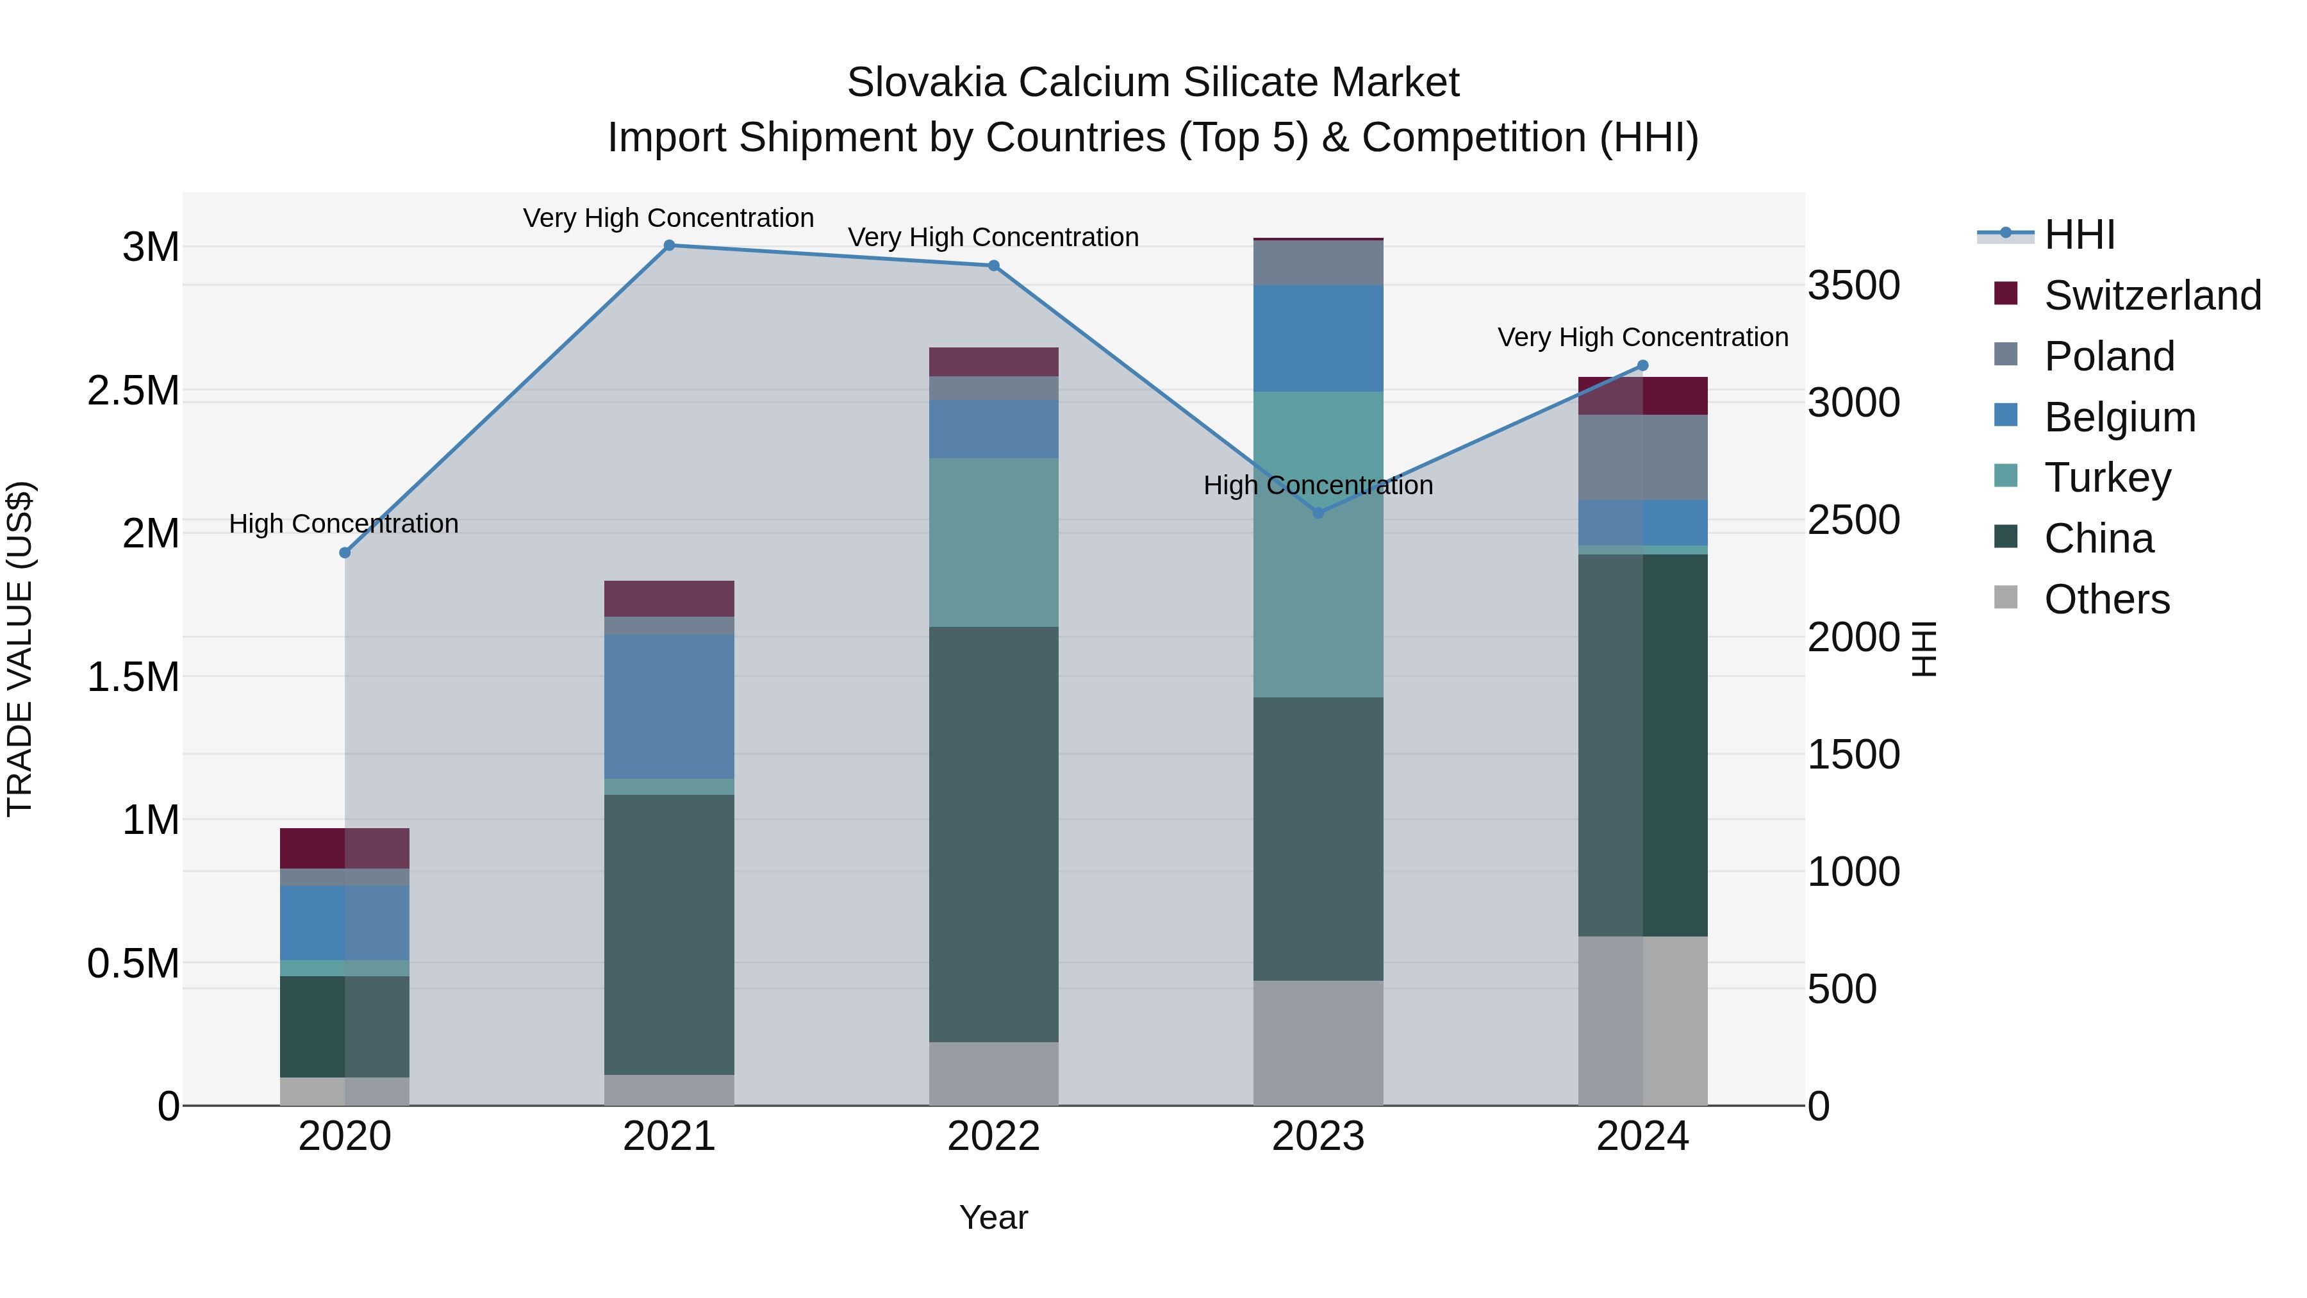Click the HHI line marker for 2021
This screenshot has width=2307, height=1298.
669,245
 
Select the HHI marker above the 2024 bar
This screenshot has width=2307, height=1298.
1642,365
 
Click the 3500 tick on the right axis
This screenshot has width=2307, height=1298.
1853,286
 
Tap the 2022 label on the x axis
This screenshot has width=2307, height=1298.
993,1136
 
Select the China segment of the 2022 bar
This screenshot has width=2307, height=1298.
993,833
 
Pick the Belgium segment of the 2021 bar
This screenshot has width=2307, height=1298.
669,707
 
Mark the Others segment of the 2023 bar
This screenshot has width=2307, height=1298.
1318,1043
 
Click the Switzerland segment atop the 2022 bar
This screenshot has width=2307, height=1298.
993,362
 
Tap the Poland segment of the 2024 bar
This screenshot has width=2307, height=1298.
1642,457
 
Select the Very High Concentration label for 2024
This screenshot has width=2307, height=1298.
1642,338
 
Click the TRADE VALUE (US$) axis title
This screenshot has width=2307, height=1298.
20,649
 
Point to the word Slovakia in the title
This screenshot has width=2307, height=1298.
926,83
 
